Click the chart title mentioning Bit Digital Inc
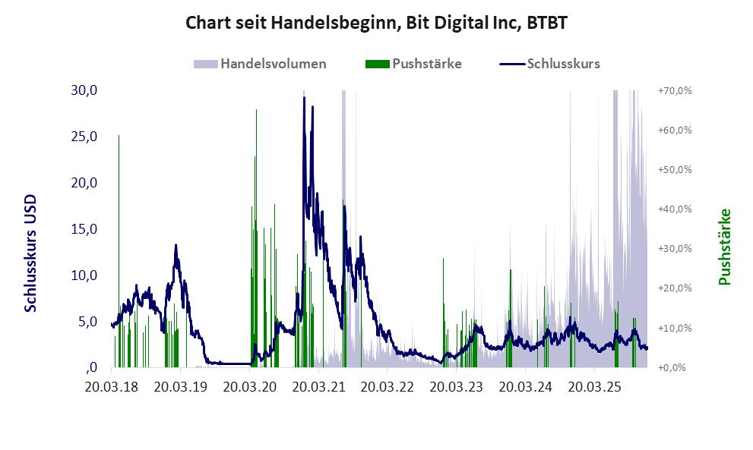coord(377,24)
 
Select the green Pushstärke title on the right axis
coord(724,247)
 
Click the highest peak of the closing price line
coord(304,98)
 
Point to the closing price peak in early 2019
coord(176,245)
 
